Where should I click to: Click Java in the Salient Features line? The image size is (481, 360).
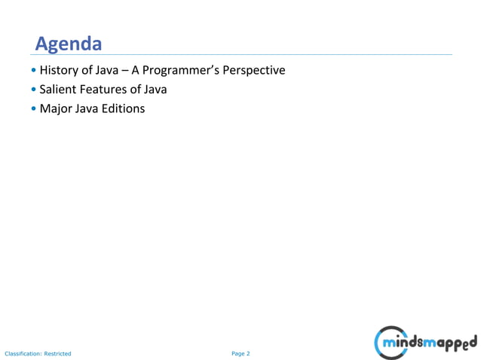[154, 90]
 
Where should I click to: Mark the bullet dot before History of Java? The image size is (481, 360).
[34, 72]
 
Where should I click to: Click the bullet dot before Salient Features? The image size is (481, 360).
[34, 90]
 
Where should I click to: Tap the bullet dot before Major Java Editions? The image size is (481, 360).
[34, 109]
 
